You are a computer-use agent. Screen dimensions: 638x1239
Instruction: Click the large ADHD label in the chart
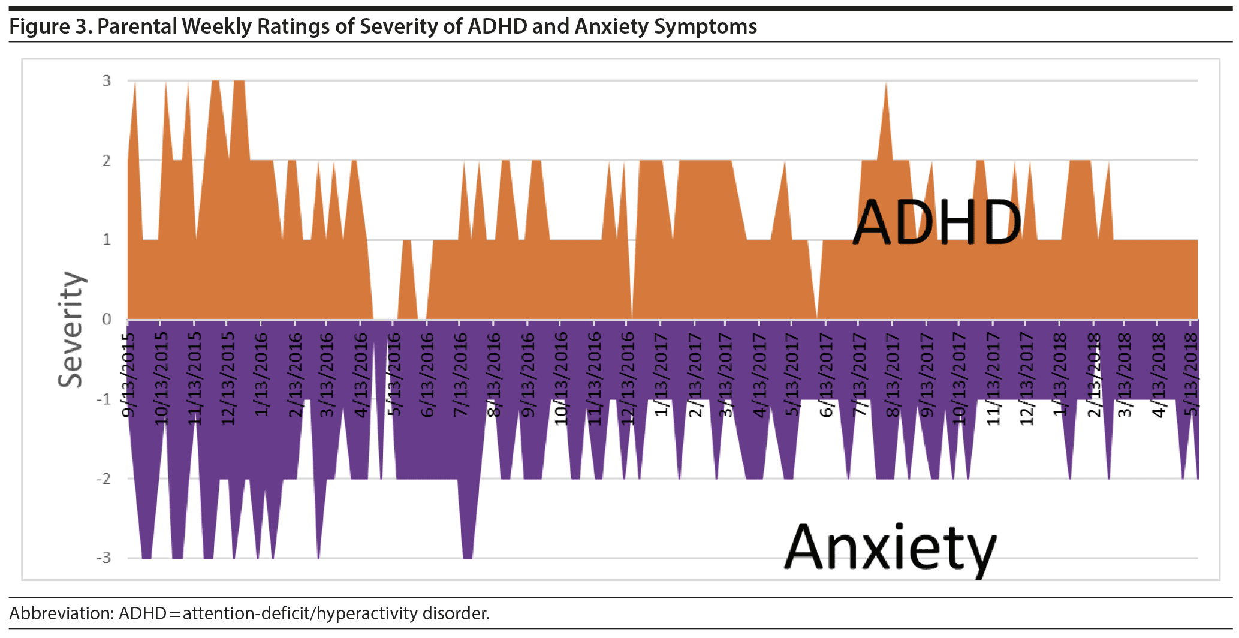[937, 223]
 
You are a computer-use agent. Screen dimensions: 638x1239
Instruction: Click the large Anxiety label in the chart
[890, 548]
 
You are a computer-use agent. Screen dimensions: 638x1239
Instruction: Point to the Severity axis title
[71, 329]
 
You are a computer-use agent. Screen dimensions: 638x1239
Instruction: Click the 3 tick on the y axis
[107, 80]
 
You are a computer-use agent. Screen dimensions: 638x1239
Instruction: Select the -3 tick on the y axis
[104, 558]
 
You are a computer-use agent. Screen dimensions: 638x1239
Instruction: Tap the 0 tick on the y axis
[107, 319]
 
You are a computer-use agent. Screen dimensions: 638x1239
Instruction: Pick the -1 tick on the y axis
[104, 399]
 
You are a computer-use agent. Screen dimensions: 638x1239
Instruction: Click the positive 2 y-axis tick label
[107, 160]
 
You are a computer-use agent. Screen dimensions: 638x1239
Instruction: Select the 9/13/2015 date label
[129, 375]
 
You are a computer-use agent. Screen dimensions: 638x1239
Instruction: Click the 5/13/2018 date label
[1190, 375]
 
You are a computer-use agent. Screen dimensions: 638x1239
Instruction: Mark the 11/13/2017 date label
[993, 379]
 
